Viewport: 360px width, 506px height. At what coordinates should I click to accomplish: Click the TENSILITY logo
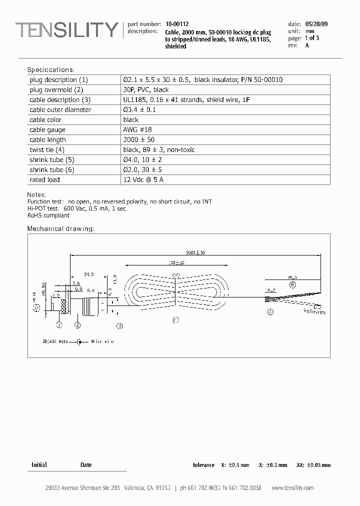click(66, 31)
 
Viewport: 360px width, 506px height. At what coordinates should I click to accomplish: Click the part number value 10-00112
click(177, 24)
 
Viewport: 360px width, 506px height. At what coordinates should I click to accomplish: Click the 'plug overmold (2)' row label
click(56, 90)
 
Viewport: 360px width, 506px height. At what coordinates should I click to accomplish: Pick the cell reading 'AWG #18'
click(138, 130)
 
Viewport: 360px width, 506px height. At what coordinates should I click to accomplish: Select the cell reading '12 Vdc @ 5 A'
click(143, 179)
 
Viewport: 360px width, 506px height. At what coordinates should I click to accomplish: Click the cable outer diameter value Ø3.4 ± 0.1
click(139, 110)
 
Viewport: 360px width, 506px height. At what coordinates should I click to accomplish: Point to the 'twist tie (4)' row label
click(47, 150)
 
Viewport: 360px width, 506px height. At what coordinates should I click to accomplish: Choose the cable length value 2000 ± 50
click(139, 140)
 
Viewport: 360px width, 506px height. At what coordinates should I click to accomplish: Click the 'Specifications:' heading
click(50, 69)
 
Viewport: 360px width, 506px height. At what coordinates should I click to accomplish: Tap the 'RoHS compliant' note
click(48, 215)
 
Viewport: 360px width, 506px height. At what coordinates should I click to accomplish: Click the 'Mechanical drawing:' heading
click(60, 228)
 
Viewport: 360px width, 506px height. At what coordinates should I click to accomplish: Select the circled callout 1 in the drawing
click(59, 325)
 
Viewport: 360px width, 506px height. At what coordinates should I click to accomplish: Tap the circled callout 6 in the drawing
click(292, 285)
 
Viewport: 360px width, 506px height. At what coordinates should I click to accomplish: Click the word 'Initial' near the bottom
click(39, 465)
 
